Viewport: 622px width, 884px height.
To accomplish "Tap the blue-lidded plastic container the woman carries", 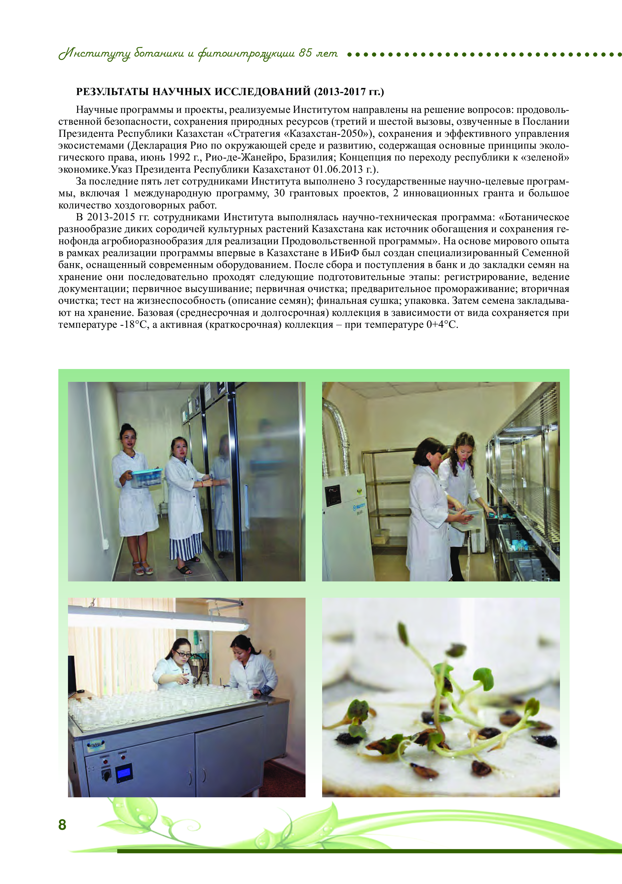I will pos(146,477).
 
